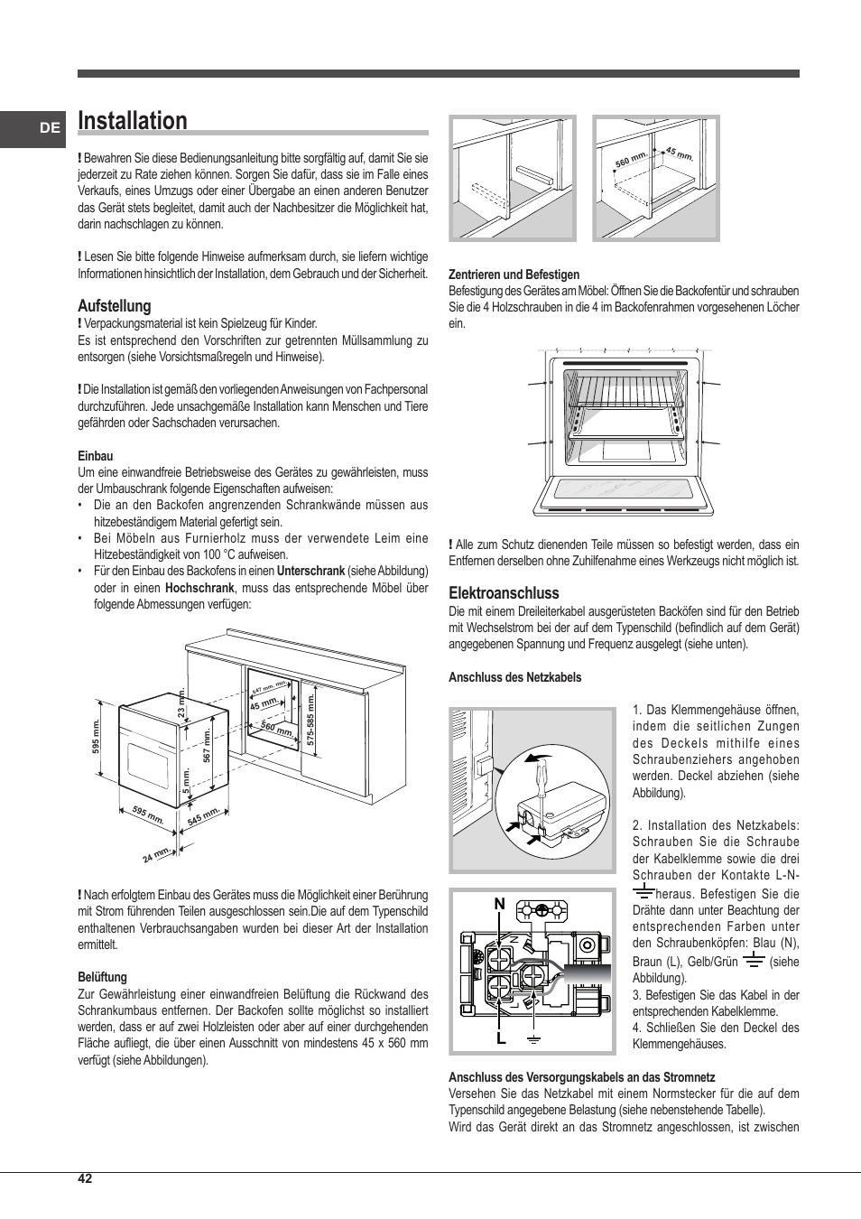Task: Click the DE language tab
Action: [50, 128]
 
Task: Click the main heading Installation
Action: [133, 121]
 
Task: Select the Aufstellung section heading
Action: [114, 306]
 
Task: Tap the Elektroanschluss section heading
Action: [504, 593]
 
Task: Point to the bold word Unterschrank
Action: [310, 572]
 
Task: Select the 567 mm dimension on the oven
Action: [207, 747]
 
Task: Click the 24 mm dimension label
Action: [156, 854]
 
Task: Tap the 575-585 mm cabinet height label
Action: [310, 718]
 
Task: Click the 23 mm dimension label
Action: [181, 703]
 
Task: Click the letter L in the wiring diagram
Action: [500, 1039]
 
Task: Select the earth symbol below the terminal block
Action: [534, 1040]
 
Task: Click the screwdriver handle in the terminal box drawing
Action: [539, 773]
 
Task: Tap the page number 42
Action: [85, 1178]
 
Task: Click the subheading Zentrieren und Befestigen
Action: [514, 275]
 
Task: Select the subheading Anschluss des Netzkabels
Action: [514, 677]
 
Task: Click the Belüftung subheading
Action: [102, 977]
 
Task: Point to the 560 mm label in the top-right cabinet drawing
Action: [631, 160]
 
